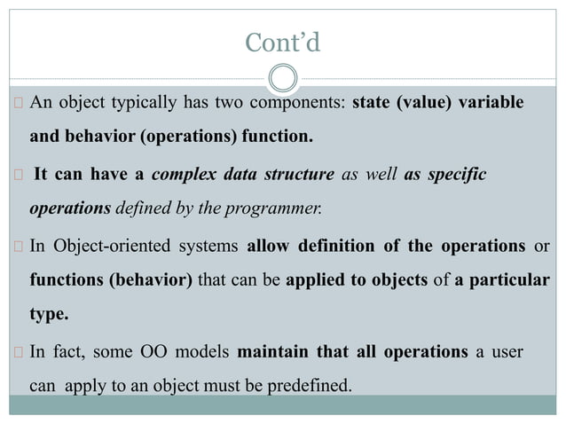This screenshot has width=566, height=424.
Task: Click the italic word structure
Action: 300,174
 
